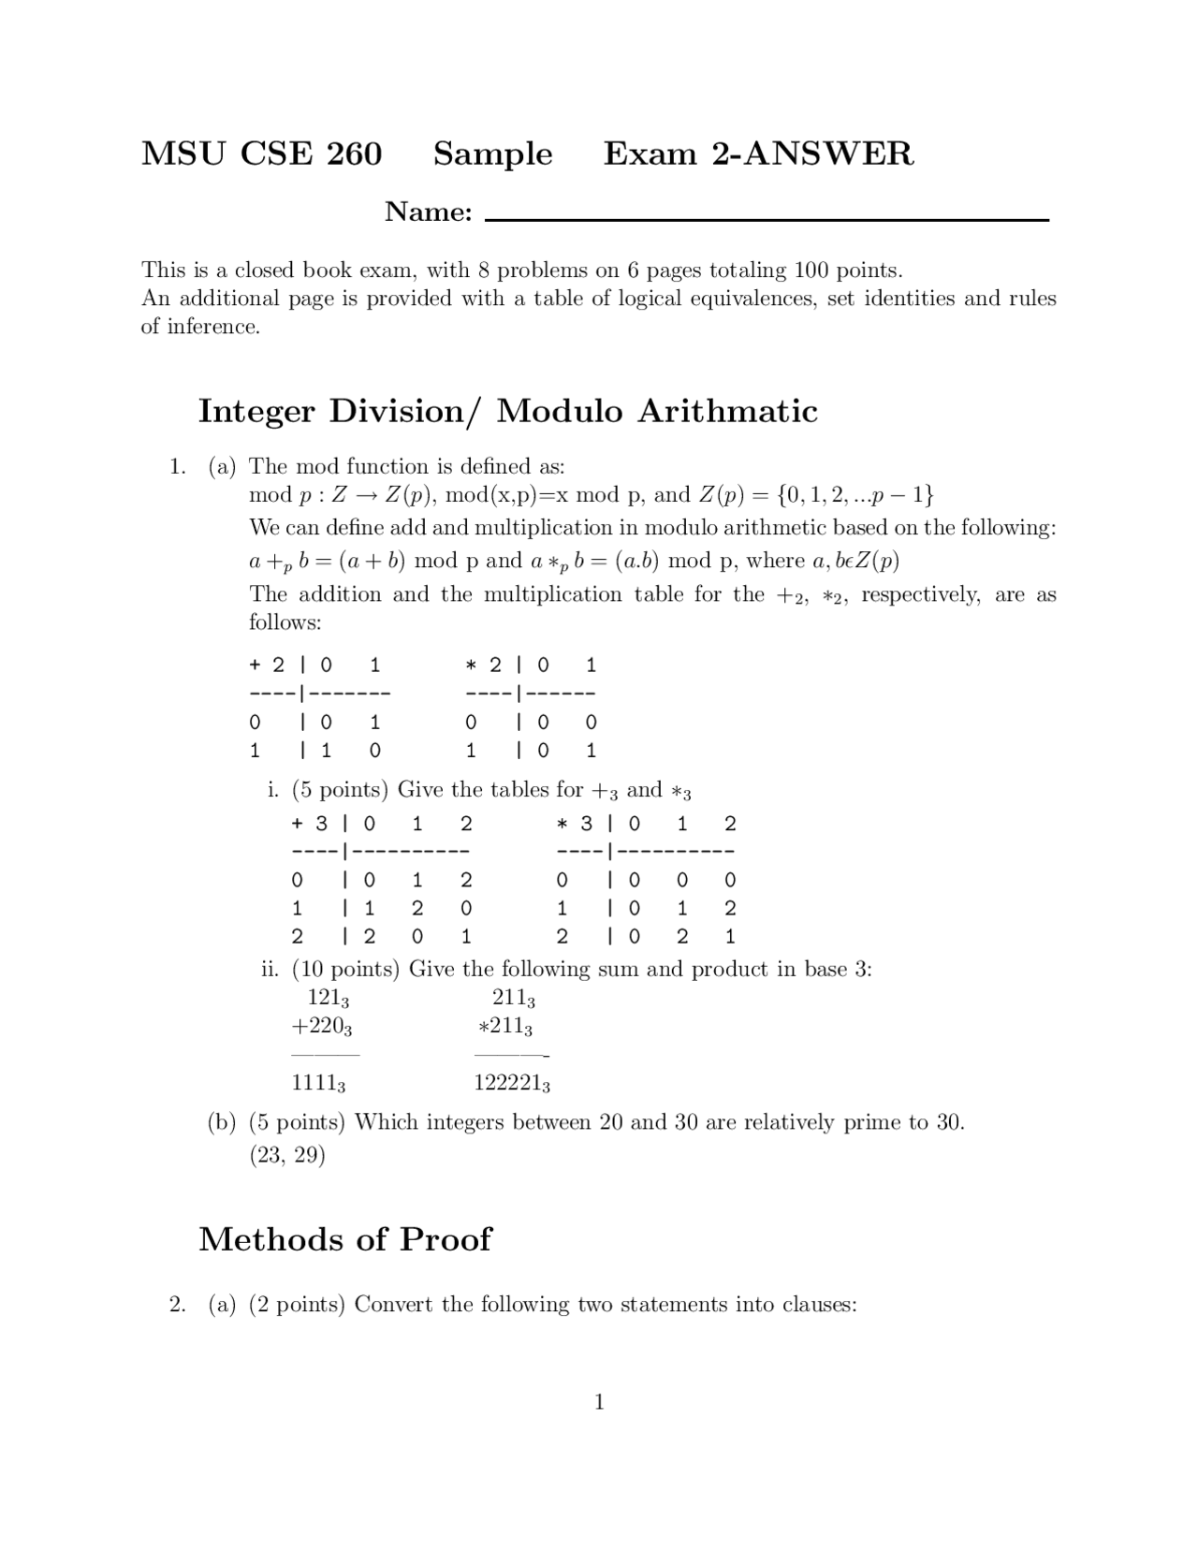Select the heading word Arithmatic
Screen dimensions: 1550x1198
(x=727, y=411)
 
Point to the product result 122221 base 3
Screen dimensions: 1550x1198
(x=511, y=1084)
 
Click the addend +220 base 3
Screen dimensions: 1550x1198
(x=321, y=1027)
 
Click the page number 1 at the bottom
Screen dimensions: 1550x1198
(x=599, y=1401)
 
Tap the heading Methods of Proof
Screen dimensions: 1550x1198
(x=344, y=1239)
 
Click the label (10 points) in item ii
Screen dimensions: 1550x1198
(x=345, y=969)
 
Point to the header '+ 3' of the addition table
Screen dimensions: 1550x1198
(x=310, y=824)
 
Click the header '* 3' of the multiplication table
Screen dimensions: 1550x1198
(x=575, y=824)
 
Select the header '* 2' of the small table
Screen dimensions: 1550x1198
(x=484, y=665)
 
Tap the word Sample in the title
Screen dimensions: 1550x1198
(x=492, y=154)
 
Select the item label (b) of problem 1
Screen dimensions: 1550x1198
(x=222, y=1122)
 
